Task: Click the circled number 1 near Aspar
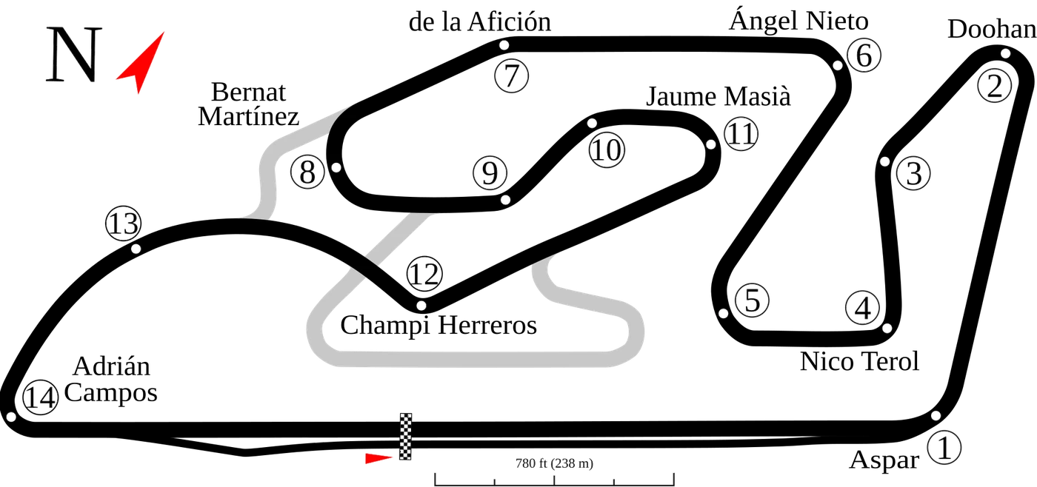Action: (944, 447)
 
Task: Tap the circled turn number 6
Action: (864, 55)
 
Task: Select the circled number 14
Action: (41, 397)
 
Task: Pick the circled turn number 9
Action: (490, 173)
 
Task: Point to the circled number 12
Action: (424, 273)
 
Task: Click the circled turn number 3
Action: (913, 173)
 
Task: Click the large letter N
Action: (73, 55)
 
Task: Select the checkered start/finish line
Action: (406, 437)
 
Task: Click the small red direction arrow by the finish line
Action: (379, 458)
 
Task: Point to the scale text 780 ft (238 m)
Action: (554, 463)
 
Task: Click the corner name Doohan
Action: (992, 29)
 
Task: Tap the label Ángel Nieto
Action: (798, 21)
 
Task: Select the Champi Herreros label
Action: (439, 325)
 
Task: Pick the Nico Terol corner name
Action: (859, 361)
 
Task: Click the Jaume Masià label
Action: (718, 96)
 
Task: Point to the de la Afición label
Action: (480, 21)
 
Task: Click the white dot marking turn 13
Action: (136, 249)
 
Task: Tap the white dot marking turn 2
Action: (1005, 53)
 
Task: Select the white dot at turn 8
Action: (336, 167)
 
